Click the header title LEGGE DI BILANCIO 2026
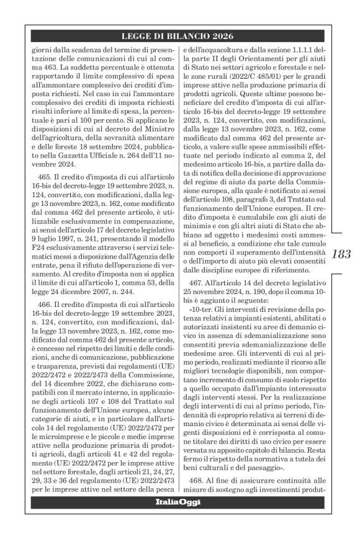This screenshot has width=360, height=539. pos(180,37)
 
